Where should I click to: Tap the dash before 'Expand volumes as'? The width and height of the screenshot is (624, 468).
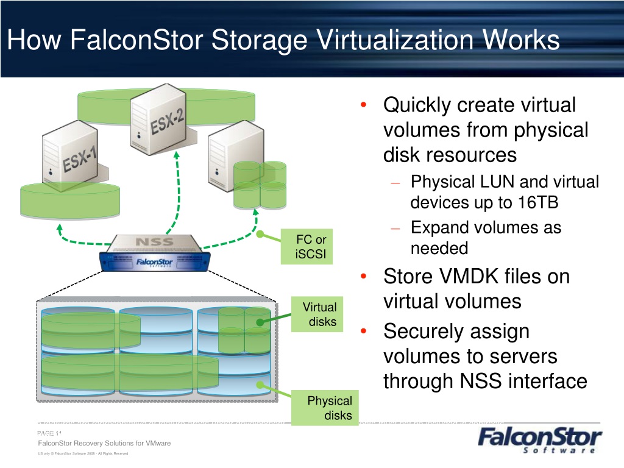[395, 229]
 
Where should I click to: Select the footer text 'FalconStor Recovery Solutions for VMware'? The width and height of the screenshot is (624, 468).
[104, 443]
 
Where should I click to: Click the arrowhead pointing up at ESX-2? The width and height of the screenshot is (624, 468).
[177, 155]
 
